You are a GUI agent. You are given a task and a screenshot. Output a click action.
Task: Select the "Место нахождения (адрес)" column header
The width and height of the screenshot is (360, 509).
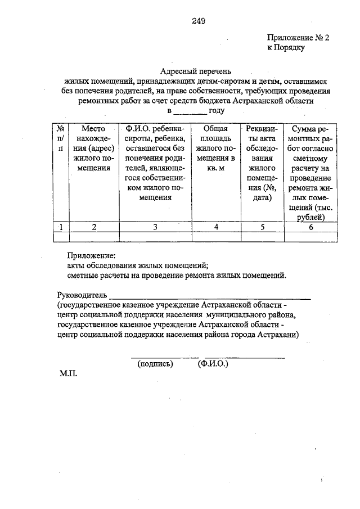pos(94,148)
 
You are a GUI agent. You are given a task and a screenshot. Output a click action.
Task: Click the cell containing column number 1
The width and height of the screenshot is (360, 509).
pos(60,227)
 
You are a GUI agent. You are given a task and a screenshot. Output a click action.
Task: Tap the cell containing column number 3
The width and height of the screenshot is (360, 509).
pos(155,227)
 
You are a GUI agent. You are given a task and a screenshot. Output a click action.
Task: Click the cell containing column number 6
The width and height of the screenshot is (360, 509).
pos(311,227)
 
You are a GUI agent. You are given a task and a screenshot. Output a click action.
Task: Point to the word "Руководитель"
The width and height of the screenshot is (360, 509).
pos(82,295)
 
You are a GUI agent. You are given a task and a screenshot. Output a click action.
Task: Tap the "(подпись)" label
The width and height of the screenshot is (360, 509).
pos(155,364)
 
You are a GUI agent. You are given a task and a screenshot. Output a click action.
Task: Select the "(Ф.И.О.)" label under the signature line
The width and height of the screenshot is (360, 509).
pos(213,364)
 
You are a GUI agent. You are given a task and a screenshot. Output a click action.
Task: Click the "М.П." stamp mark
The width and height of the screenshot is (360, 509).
pos(68,373)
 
